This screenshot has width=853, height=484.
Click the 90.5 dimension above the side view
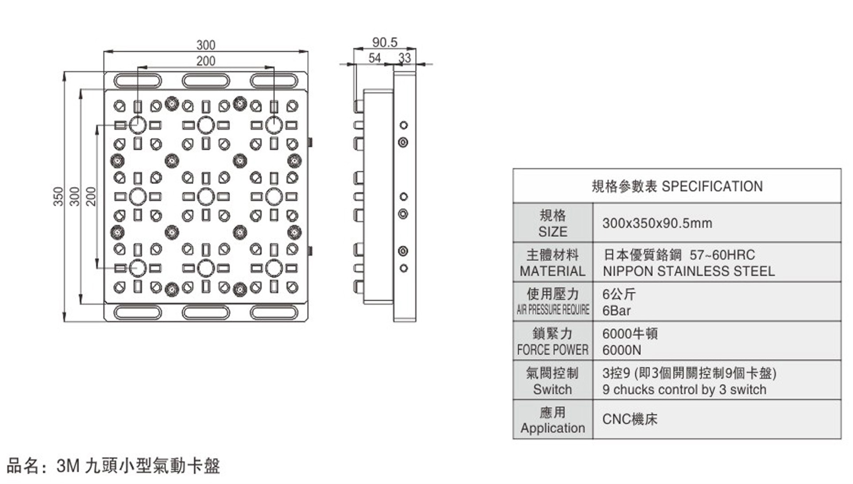coord(385,43)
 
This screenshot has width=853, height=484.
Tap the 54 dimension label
coord(374,58)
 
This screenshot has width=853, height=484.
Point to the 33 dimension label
coord(405,58)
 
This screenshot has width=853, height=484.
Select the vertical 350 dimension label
coord(58,196)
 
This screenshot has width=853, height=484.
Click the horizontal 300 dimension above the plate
coord(206,45)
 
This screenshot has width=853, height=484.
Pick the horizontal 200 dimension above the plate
coord(206,61)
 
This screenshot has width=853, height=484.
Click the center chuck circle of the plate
coord(206,197)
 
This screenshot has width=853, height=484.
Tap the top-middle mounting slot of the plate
coord(206,81)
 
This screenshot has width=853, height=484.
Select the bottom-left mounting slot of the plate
coord(138,312)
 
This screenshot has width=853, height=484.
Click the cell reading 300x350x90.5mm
coord(657,223)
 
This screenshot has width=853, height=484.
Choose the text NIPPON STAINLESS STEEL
coord(688,271)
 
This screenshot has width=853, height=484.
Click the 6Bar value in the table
coord(616,311)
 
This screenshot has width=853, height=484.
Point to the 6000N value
coord(621,350)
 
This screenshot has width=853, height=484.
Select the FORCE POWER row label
coord(552,350)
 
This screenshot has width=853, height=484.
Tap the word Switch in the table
coord(552,390)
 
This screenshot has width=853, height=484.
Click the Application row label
coord(552,428)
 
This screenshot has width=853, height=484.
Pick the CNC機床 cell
coord(630,419)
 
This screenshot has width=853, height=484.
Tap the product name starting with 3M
coord(138,466)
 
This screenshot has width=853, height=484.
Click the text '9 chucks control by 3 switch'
coord(684,390)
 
